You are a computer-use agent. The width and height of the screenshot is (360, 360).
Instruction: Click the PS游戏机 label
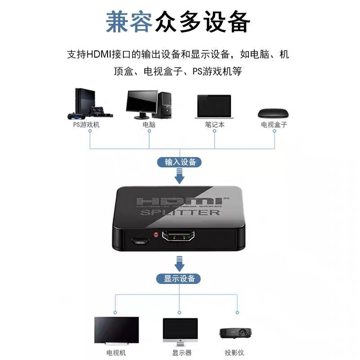pos(86,125)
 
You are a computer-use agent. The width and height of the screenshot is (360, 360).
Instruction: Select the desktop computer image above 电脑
pos(148,105)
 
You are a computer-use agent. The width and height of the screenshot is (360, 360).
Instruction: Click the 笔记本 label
pos(214,125)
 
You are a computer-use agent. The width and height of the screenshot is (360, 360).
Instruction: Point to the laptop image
pos(214,107)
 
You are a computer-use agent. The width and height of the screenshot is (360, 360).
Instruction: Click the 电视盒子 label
pos(274,125)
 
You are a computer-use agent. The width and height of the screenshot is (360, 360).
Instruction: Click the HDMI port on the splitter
pos(180,238)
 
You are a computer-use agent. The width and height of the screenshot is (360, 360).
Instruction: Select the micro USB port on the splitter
pos(141,241)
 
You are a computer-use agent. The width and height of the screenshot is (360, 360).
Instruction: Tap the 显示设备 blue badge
pos(180,279)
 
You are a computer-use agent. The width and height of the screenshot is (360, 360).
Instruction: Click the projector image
pos(235,333)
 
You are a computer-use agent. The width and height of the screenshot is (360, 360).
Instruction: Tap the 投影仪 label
pos(236,353)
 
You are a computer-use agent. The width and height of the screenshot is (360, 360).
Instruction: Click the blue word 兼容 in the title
pos(129,21)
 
